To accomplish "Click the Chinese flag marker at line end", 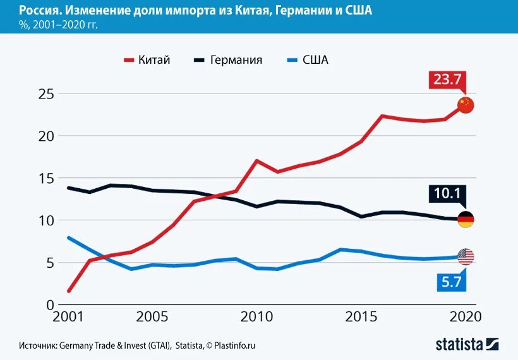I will [x=466, y=105].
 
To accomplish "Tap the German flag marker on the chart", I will [x=466, y=220].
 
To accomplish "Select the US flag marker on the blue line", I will [x=466, y=256].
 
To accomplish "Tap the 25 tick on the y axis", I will [x=45, y=93].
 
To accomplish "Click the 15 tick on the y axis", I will [x=45, y=178].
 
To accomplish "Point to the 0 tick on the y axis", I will [x=49, y=304].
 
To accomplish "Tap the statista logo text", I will [x=459, y=344].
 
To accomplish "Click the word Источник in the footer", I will [x=38, y=345].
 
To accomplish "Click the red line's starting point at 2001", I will [x=68, y=291].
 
